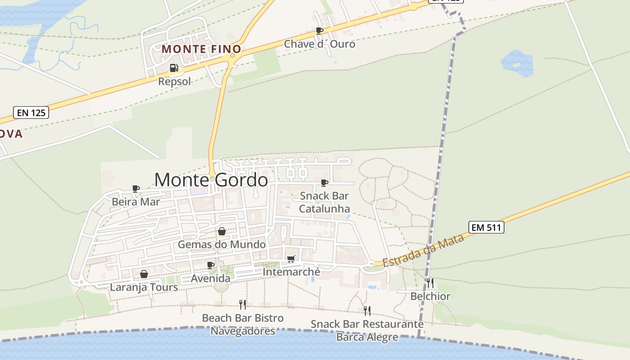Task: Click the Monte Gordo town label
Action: click(x=211, y=180)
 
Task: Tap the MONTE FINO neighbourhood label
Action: click(x=201, y=49)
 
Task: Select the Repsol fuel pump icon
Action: click(x=174, y=68)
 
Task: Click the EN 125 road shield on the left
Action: click(x=31, y=112)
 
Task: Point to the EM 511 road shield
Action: click(x=486, y=227)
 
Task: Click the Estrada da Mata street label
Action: click(x=423, y=250)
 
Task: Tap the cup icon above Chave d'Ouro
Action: click(x=319, y=31)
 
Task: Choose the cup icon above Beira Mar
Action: click(x=136, y=188)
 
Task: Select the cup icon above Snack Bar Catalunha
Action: click(x=324, y=182)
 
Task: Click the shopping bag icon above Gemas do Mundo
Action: click(x=222, y=231)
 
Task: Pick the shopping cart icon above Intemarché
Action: click(x=291, y=259)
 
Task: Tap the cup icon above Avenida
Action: click(x=210, y=265)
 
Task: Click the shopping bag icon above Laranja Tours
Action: click(x=144, y=274)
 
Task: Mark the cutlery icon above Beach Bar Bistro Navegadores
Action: click(x=243, y=305)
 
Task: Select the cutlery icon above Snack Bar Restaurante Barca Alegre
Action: click(x=367, y=310)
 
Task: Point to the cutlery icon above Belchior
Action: click(x=430, y=283)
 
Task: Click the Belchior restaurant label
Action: click(x=430, y=296)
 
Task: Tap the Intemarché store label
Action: click(x=291, y=272)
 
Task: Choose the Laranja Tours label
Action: click(x=144, y=287)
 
